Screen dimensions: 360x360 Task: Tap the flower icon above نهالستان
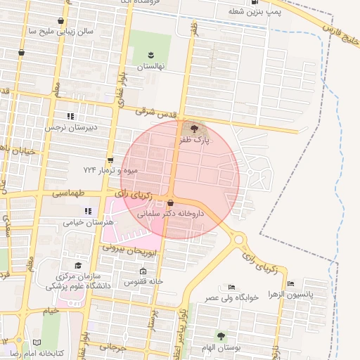point(150,54)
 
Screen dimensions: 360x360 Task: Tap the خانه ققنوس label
point(144,281)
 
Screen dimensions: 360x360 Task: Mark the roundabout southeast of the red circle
point(239,240)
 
